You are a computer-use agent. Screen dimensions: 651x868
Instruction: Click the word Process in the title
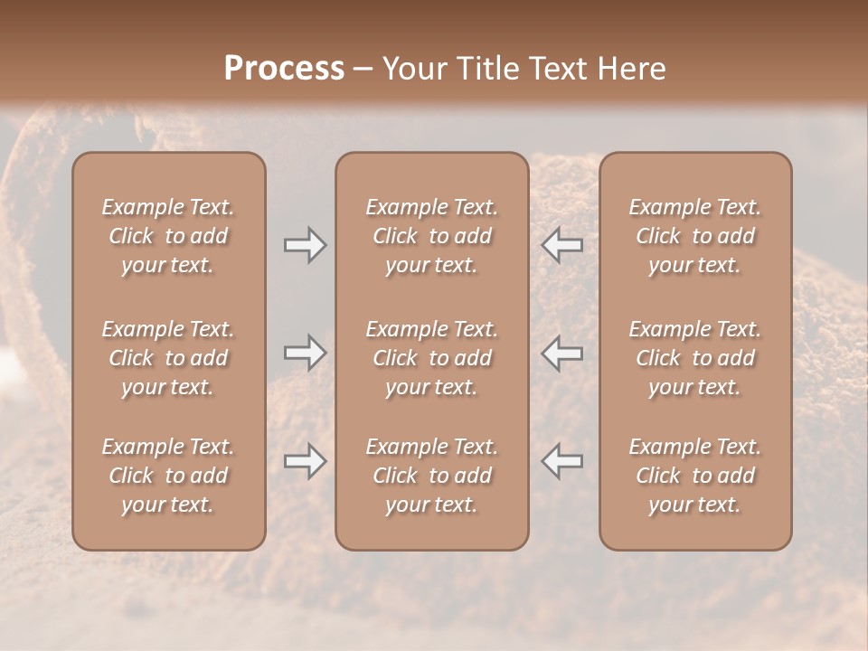[x=284, y=68]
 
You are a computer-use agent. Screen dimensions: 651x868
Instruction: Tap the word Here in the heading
[x=630, y=68]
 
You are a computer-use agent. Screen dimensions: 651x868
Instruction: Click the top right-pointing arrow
[x=306, y=245]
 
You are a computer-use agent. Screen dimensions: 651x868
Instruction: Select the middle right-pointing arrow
[x=306, y=353]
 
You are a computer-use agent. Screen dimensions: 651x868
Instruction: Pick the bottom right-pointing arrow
[x=306, y=461]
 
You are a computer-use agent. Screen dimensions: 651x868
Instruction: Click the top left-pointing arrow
[x=562, y=245]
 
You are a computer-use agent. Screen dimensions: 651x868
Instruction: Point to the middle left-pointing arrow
[x=562, y=353]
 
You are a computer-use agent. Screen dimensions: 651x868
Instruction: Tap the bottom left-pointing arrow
[x=562, y=461]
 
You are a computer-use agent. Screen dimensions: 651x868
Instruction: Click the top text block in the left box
[x=168, y=236]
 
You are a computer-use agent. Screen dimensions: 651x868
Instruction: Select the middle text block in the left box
[x=168, y=358]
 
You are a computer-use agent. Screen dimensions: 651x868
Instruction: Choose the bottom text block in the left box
[x=168, y=476]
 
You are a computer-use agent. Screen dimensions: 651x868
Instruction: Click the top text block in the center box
[x=431, y=236]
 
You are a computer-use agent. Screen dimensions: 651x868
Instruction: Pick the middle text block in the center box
[x=431, y=358]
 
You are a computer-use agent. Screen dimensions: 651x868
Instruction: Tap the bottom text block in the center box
[x=431, y=476]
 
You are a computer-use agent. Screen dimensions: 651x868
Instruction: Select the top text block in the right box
[x=694, y=236]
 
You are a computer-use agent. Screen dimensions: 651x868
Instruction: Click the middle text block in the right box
[x=694, y=358]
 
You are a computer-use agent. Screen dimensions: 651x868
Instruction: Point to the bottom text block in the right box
[x=694, y=476]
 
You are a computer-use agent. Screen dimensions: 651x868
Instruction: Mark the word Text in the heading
[x=558, y=68]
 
